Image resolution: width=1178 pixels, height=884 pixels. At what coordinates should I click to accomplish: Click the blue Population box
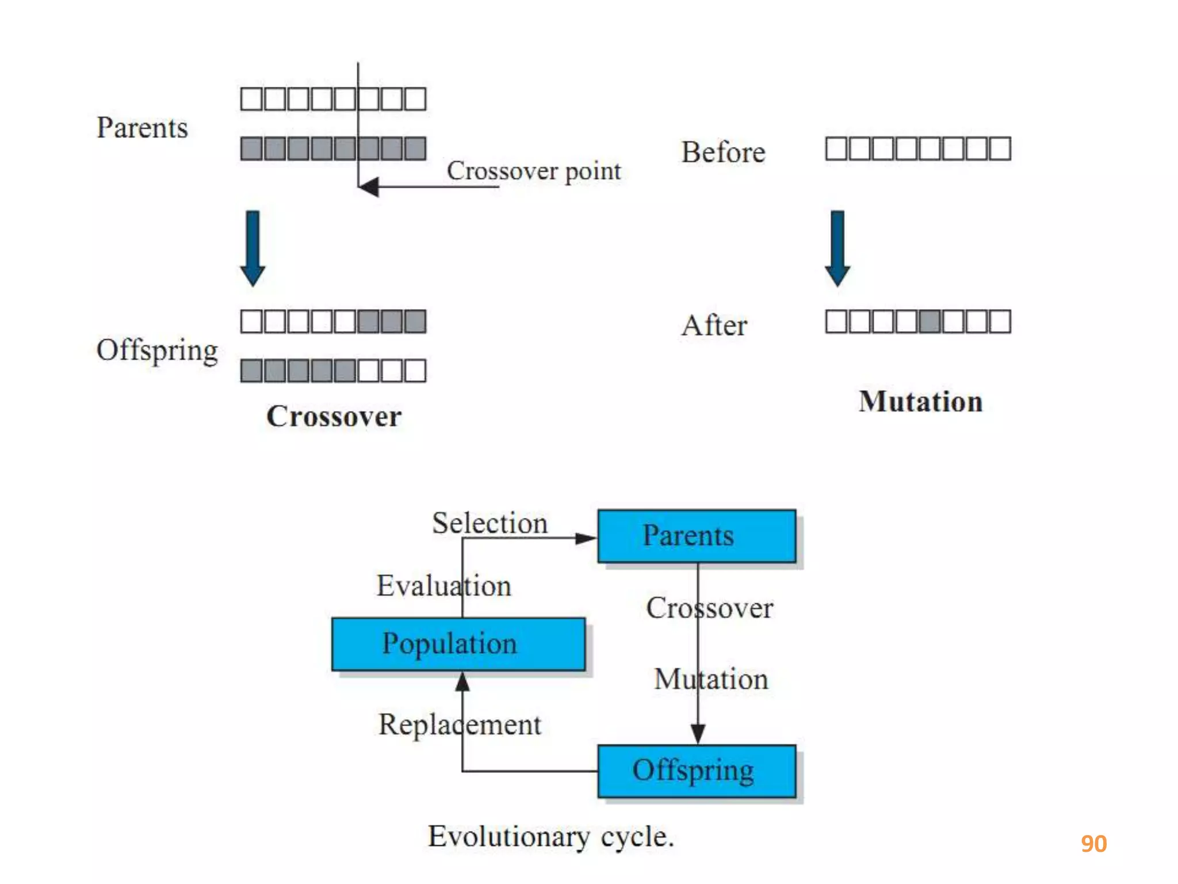click(x=458, y=644)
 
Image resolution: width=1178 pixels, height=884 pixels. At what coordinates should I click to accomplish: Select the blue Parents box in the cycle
click(x=697, y=536)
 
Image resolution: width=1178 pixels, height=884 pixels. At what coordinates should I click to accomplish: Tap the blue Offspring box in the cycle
click(x=697, y=771)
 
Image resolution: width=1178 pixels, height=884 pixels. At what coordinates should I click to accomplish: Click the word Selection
click(x=489, y=523)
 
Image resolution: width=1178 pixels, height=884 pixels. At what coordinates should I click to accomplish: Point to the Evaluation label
click(x=443, y=586)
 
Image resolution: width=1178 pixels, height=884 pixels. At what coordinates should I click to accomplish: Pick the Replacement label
click(x=460, y=724)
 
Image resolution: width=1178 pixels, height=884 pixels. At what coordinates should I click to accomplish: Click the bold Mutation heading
click(x=920, y=401)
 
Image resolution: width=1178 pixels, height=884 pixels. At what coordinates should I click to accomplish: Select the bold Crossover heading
click(x=334, y=416)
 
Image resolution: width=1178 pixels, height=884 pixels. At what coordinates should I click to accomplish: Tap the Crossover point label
click(x=534, y=171)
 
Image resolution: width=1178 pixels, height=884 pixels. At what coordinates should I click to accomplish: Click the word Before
click(x=723, y=153)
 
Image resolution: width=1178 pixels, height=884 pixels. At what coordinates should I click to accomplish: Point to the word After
click(x=714, y=325)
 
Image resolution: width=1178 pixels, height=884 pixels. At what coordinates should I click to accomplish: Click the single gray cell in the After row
click(x=930, y=322)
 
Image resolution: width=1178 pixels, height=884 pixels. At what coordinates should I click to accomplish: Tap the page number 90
click(x=1093, y=844)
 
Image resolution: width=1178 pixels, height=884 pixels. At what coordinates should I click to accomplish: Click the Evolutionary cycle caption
click(x=550, y=836)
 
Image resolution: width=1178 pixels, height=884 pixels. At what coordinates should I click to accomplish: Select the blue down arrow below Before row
click(x=837, y=248)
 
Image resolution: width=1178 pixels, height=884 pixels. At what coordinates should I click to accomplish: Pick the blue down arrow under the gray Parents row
click(x=253, y=248)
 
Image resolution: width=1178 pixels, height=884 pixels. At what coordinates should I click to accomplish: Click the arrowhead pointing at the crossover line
click(x=369, y=186)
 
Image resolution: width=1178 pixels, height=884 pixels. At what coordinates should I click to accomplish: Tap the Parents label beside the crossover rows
click(x=142, y=128)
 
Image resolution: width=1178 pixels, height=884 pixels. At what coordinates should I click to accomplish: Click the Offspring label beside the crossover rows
click(x=157, y=350)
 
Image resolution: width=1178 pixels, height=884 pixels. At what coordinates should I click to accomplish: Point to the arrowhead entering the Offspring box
click(x=698, y=734)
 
